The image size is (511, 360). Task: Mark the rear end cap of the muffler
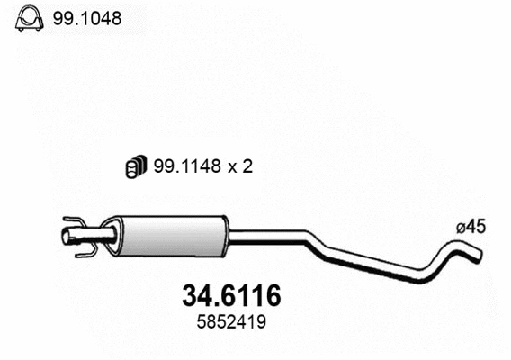pyautogui.click(x=225, y=235)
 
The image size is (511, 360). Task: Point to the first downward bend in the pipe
pyautogui.click(x=315, y=241)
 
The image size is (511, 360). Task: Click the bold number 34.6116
pyautogui.click(x=231, y=295)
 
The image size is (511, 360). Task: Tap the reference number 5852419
pyautogui.click(x=231, y=319)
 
